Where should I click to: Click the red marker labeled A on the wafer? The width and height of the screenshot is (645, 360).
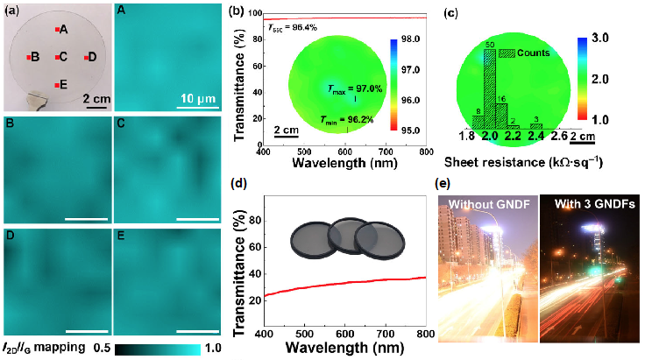coord(58,30)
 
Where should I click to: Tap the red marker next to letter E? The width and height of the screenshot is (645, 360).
coord(58,84)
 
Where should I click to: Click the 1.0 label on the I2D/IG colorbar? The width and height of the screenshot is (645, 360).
coord(214,348)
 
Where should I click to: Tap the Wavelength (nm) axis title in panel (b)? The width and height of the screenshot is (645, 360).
coord(344,163)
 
